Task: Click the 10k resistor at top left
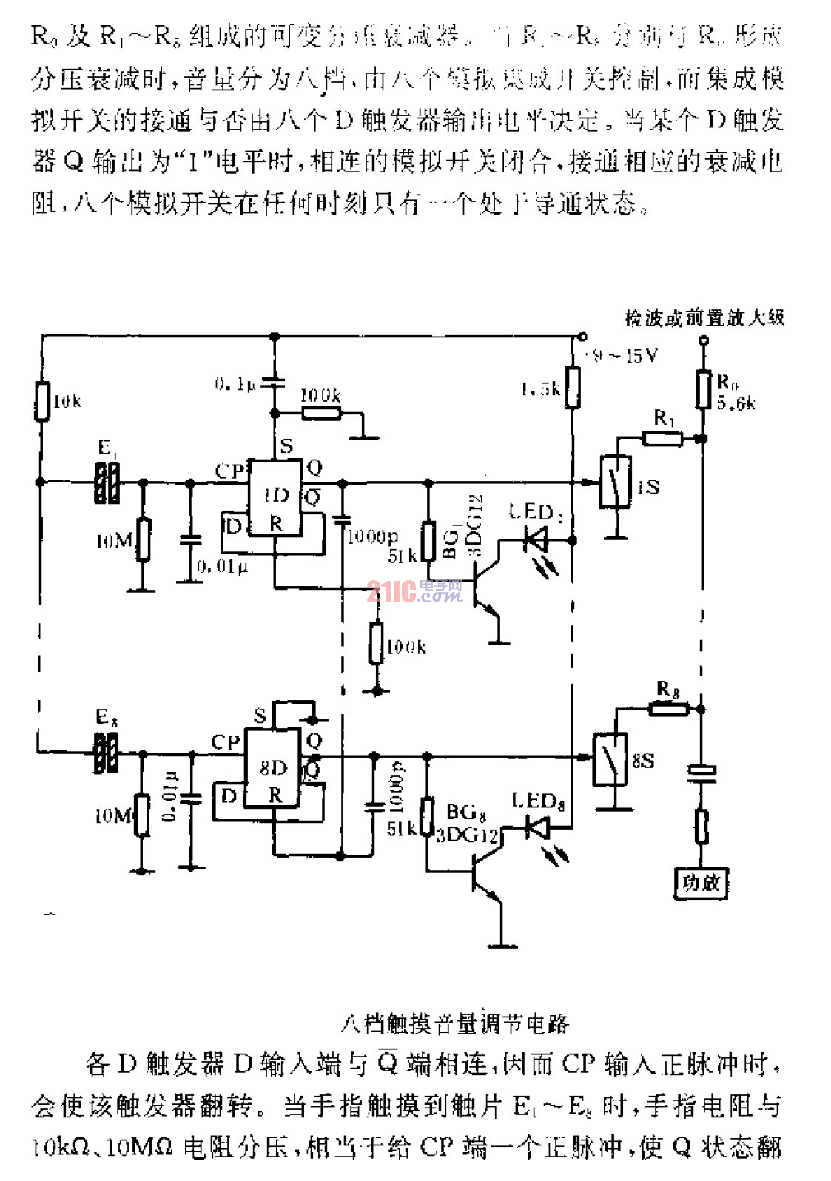[x=43, y=401]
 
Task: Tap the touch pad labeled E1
[x=107, y=482]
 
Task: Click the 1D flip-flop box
[x=275, y=497]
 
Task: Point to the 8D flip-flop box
[x=273, y=767]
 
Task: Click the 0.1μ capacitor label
[x=235, y=384]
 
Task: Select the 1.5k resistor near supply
[x=572, y=387]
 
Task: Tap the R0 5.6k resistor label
[x=736, y=393]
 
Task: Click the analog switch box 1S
[x=616, y=482]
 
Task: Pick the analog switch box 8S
[x=611, y=759]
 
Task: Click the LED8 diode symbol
[x=536, y=826]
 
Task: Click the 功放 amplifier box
[x=700, y=882]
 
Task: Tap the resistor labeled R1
[x=662, y=438]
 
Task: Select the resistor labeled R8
[x=668, y=708]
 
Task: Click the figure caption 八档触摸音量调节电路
[x=455, y=1023]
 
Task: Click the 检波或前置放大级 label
[x=704, y=318]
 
